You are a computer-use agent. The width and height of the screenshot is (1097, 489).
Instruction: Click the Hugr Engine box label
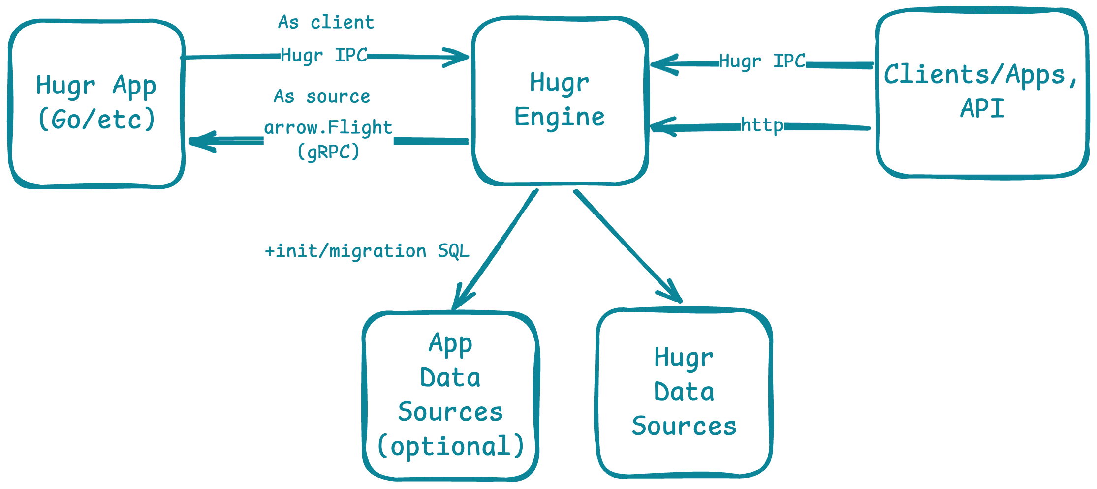click(x=560, y=100)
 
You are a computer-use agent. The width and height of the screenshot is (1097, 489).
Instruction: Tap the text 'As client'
click(x=326, y=23)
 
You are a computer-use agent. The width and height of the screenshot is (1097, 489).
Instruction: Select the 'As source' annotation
click(x=322, y=97)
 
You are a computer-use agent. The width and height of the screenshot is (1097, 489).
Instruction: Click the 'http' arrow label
click(x=761, y=126)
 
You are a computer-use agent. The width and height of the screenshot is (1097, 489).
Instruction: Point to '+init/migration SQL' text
click(x=367, y=251)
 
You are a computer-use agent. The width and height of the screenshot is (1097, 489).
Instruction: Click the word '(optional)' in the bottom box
click(x=450, y=446)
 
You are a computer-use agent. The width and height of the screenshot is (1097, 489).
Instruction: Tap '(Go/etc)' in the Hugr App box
click(x=96, y=120)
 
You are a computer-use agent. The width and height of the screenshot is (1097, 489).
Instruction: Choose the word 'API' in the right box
click(x=982, y=109)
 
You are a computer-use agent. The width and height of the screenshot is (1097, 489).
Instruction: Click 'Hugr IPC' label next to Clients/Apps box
click(x=762, y=61)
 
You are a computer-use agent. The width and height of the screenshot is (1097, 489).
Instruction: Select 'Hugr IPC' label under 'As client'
click(x=324, y=55)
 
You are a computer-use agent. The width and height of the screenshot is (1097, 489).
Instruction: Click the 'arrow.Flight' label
click(x=328, y=128)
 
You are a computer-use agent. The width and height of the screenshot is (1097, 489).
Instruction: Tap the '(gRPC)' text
click(x=328, y=152)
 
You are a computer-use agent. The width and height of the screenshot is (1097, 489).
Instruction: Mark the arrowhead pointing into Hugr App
click(x=199, y=141)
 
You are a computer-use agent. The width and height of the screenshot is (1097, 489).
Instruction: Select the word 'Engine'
click(x=560, y=117)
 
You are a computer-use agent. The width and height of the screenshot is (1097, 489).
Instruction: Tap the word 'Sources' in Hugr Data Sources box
click(x=684, y=426)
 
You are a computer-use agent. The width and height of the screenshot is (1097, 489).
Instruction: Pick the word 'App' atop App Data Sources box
click(x=450, y=343)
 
